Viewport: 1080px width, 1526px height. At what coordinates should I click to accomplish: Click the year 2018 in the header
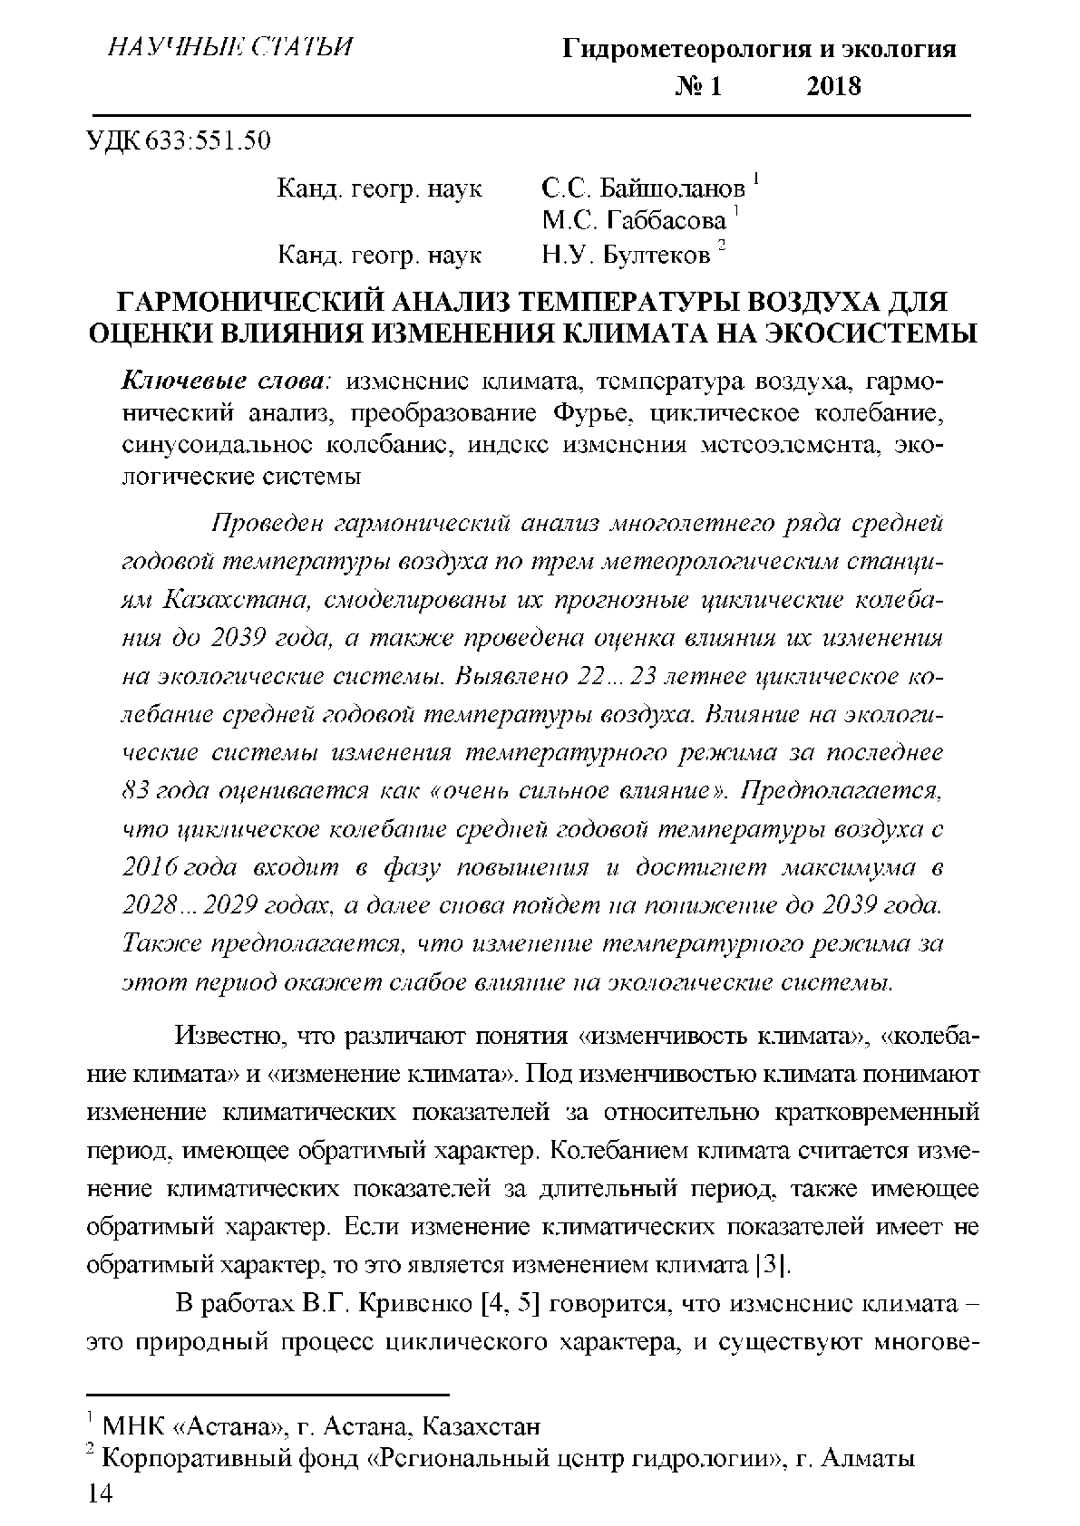point(832,86)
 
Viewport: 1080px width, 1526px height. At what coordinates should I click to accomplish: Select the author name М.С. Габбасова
point(634,222)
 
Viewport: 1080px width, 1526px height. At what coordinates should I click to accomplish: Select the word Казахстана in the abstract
point(228,600)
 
